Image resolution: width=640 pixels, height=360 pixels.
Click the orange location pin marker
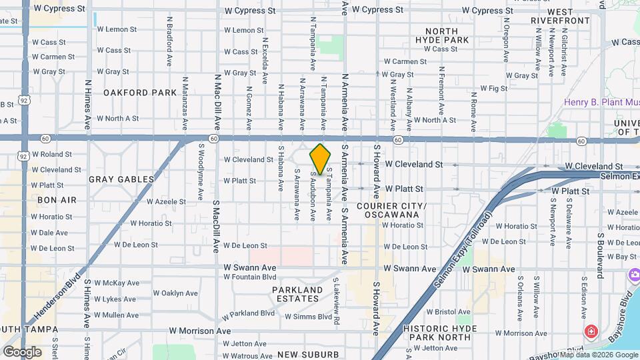(x=320, y=159)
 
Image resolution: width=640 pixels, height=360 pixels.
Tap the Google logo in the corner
(x=22, y=351)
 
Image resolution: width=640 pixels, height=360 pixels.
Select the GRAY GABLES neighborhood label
(x=121, y=179)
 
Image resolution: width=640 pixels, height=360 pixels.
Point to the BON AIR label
(x=57, y=200)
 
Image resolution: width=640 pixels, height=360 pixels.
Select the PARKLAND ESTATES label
(x=297, y=294)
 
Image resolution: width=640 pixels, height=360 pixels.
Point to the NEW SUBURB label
(x=308, y=354)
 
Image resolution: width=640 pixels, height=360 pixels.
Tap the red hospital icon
(x=590, y=331)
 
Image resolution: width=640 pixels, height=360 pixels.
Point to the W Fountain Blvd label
(x=250, y=277)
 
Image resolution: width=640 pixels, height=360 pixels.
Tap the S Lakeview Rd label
(x=337, y=302)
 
